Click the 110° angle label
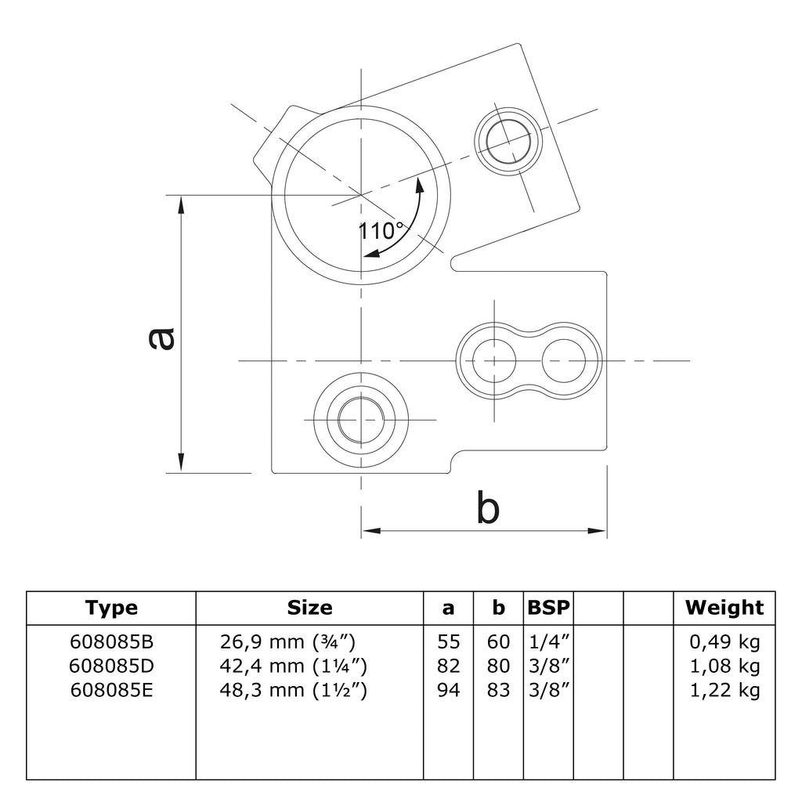[381, 231]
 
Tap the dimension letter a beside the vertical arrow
[161, 338]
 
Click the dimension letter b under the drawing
[488, 509]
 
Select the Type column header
[111, 608]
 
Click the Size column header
[309, 608]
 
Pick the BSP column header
[548, 608]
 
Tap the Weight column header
[724, 608]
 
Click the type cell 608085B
[111, 643]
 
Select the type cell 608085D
[111, 667]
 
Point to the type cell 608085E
[111, 690]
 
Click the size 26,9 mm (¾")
[288, 643]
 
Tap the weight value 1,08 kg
[724, 667]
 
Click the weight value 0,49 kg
[724, 643]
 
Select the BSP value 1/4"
[548, 643]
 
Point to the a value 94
[448, 690]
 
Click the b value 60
[498, 643]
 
